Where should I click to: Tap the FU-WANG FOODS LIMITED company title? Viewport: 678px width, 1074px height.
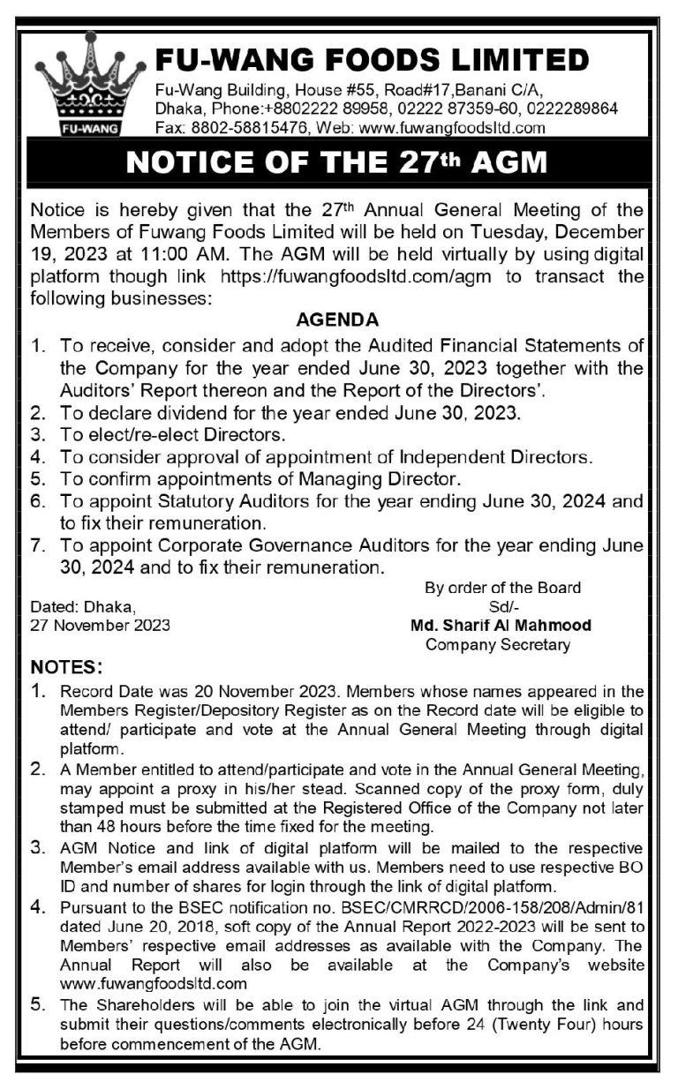(x=372, y=60)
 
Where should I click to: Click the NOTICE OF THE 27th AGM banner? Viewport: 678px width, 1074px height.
(x=338, y=164)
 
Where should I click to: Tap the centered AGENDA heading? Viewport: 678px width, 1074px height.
(x=338, y=319)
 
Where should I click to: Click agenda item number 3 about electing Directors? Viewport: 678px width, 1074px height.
(x=172, y=434)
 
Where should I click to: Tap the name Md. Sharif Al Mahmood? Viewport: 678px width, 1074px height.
(x=501, y=626)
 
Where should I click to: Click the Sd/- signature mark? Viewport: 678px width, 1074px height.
(x=501, y=606)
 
